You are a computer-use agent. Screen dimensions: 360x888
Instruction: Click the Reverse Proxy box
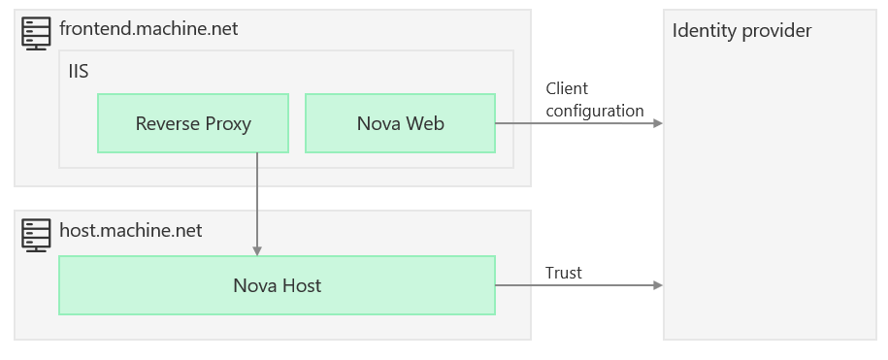(x=193, y=123)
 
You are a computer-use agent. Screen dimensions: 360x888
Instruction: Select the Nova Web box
(x=400, y=123)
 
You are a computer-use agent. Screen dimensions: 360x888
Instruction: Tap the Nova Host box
(x=277, y=285)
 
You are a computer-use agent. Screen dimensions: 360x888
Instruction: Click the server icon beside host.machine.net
(x=36, y=234)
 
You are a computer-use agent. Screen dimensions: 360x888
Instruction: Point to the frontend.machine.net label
(x=148, y=29)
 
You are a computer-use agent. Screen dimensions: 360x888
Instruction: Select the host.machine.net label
(x=131, y=231)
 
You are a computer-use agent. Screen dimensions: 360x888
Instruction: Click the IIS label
(x=80, y=72)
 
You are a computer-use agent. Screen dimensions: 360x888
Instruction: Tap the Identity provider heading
(x=741, y=31)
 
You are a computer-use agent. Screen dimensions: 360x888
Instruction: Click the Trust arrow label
(x=563, y=273)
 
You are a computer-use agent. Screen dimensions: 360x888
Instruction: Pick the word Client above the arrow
(x=567, y=89)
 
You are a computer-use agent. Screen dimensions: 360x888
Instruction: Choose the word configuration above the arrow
(x=594, y=111)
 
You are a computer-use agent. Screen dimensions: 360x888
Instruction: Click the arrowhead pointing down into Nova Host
(x=257, y=250)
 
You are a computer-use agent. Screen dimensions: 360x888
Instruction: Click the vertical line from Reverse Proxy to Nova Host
(x=257, y=199)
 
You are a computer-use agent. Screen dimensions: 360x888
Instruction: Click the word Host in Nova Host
(x=301, y=285)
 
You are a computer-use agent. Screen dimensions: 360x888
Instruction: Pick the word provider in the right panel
(x=774, y=31)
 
